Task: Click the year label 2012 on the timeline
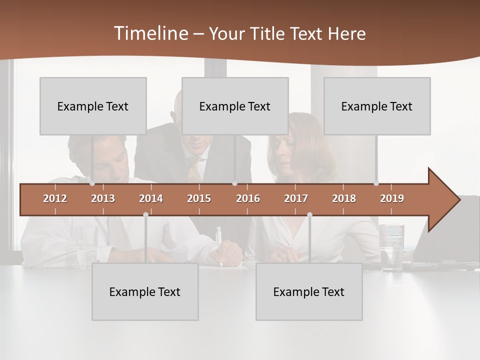[55, 198]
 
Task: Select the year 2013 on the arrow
[103, 198]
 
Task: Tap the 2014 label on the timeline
[151, 198]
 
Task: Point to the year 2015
[199, 198]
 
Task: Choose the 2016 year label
[248, 198]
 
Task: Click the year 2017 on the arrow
[296, 198]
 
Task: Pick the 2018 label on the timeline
[344, 198]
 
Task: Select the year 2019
[392, 198]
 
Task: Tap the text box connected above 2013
[93, 106]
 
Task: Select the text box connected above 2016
[235, 106]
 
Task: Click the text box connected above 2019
[377, 106]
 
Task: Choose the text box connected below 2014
[145, 291]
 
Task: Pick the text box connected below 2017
[309, 291]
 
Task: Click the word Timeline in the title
[150, 33]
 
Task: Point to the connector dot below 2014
[145, 214]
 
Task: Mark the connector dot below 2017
[309, 214]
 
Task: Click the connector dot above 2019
[376, 183]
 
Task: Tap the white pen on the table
[219, 245]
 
